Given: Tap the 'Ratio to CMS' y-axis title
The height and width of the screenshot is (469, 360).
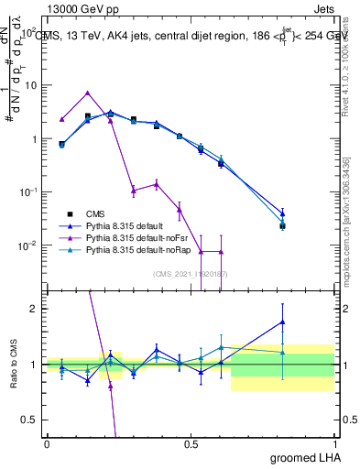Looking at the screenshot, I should coord(14,365).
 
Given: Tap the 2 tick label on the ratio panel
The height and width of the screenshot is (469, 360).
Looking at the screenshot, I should coord(34,309).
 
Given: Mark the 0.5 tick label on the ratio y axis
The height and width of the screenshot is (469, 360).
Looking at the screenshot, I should coord(29,420).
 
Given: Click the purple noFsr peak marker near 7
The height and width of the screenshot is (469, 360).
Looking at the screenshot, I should coord(87,93).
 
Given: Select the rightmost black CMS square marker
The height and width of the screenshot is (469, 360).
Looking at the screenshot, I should coord(283,225).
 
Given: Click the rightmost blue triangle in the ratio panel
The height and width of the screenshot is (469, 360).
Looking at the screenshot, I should coord(283,322).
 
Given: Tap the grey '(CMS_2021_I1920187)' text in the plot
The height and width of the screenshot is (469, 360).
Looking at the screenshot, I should coord(191,273).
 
